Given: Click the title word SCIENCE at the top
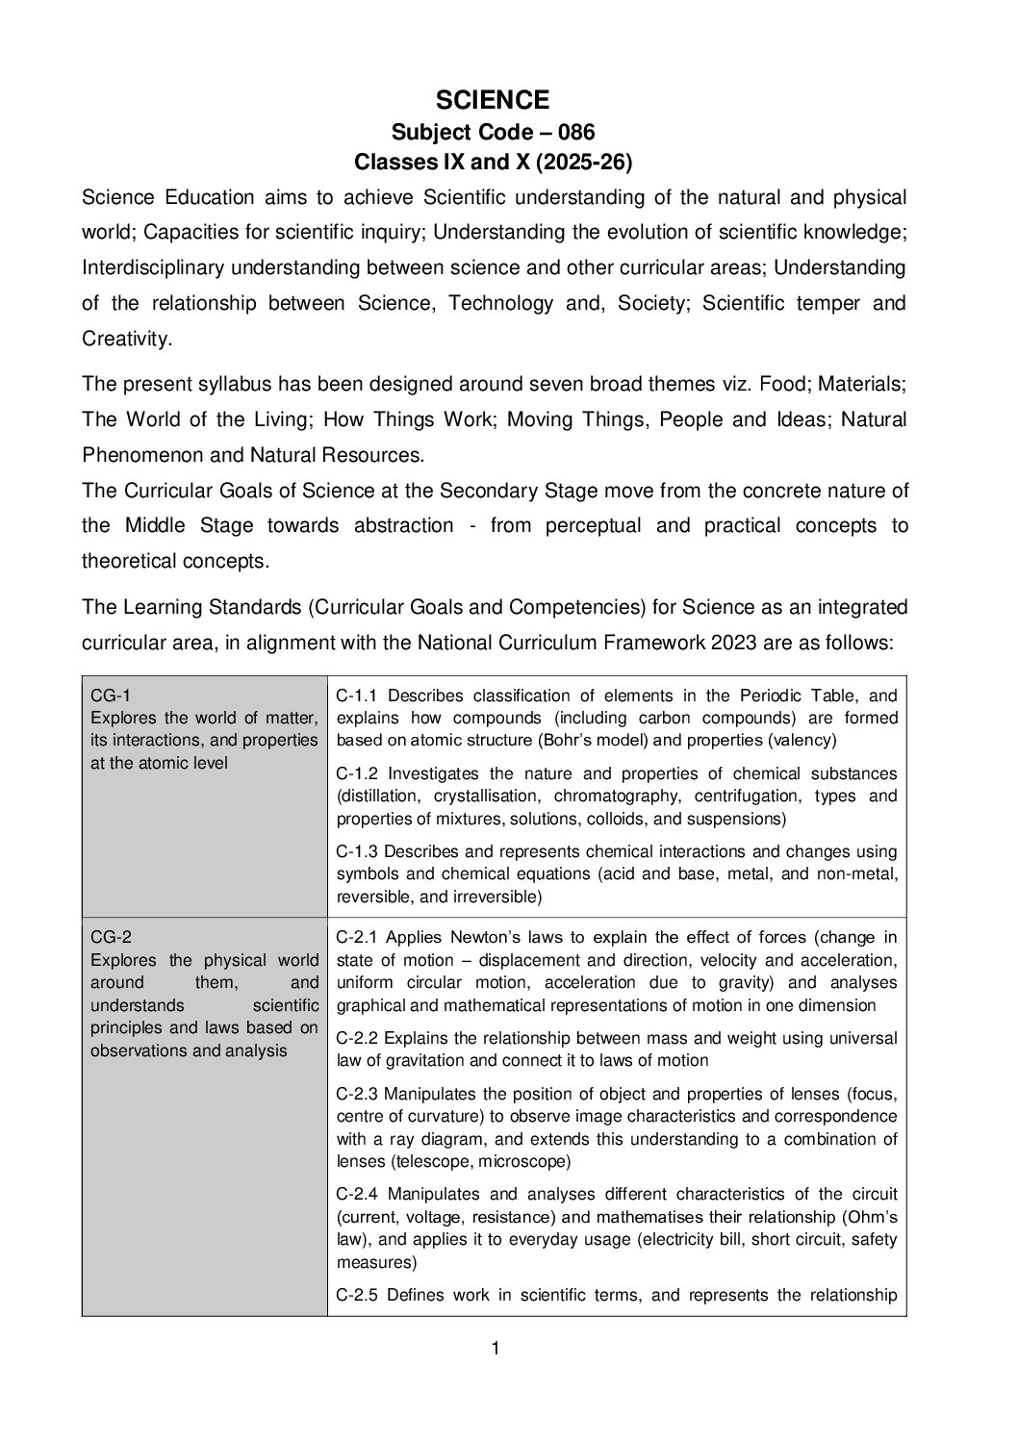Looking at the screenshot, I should click(x=493, y=100).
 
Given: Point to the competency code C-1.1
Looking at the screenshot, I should click(x=359, y=696).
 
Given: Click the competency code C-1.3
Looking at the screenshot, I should click(x=359, y=851).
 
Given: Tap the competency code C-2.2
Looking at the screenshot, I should click(x=359, y=1038).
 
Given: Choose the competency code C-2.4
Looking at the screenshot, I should click(x=359, y=1194).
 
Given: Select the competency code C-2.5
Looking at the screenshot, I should click(x=359, y=1295).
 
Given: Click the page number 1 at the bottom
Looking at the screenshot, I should click(x=496, y=1349).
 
